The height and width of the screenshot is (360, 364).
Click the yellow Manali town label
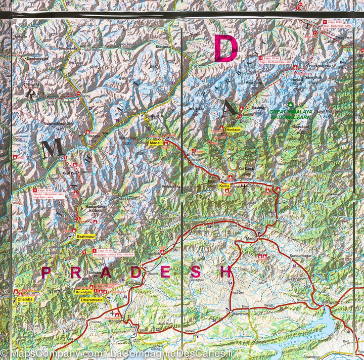[155, 144]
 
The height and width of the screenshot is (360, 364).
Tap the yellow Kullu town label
[223, 187]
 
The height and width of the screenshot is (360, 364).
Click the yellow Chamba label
[25, 299]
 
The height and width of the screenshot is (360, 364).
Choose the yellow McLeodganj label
[83, 292]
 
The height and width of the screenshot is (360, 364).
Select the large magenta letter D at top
[225, 49]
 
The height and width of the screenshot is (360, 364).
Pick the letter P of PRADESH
[45, 273]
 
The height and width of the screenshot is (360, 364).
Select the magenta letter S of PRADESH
[195, 272]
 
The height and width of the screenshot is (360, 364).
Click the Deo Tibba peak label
[198, 108]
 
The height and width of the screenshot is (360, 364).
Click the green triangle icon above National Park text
[290, 106]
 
